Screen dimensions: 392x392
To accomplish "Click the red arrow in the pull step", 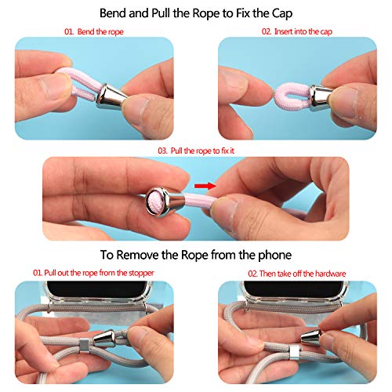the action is click(x=205, y=186).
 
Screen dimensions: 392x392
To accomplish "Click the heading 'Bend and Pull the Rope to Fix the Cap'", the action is click(x=196, y=13).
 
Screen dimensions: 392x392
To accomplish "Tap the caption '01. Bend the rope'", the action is click(x=94, y=32).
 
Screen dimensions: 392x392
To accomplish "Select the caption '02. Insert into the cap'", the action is click(x=297, y=31).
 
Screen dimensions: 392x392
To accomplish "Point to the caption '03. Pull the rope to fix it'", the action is click(x=196, y=151).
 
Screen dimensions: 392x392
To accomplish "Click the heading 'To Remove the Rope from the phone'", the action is click(x=196, y=255).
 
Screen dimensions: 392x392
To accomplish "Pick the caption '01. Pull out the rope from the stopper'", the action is click(x=93, y=273).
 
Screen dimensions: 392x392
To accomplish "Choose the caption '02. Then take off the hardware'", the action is click(x=297, y=274).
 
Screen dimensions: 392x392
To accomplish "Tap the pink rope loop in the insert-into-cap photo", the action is click(x=292, y=96).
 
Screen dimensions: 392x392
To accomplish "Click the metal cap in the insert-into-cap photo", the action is click(x=321, y=97).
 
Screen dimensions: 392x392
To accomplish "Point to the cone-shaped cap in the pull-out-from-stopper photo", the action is click(x=104, y=339).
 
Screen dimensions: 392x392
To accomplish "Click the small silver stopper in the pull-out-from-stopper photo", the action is click(x=84, y=345).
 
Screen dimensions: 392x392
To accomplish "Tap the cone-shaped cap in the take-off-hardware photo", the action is click(x=311, y=336).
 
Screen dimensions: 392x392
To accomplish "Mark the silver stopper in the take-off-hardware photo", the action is click(x=295, y=351).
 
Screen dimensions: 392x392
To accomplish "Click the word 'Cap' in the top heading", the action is click(x=282, y=13).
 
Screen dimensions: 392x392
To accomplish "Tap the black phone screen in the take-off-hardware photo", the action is click(x=293, y=289).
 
